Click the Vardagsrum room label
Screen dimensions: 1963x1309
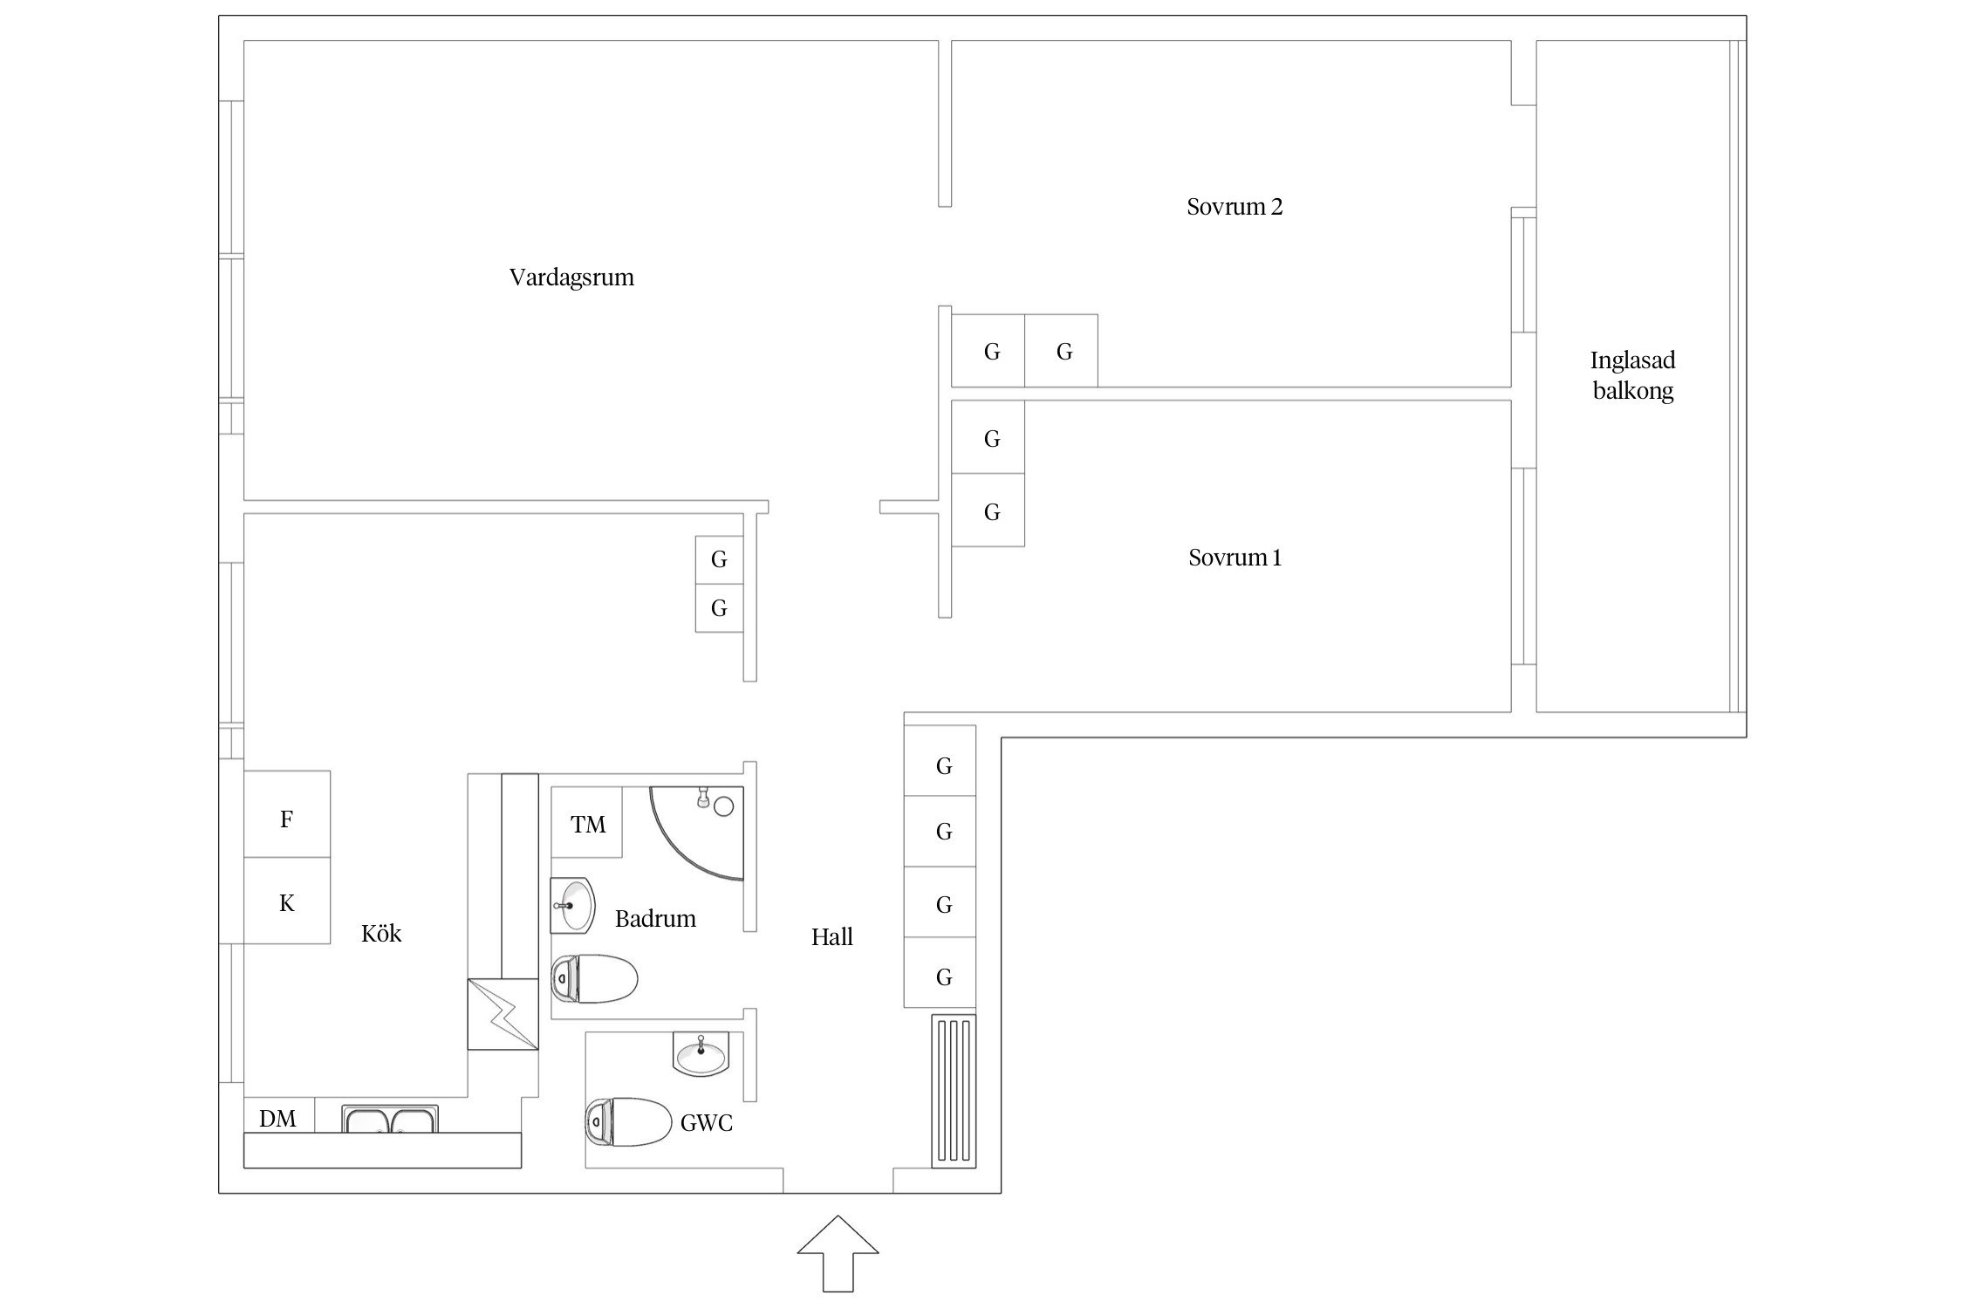571,278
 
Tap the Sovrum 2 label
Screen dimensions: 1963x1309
1235,207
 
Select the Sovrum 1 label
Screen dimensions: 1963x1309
1235,558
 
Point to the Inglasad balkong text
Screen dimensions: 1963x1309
1632,375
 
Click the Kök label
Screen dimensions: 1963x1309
381,934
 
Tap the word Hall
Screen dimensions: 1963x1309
831,937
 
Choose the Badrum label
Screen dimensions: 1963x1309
655,918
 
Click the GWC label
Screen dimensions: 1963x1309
706,1122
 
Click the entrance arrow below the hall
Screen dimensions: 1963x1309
838,1253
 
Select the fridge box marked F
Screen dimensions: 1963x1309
287,814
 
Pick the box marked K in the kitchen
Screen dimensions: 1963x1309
287,901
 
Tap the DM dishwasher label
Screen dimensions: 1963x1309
277,1119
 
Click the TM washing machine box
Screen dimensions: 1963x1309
587,822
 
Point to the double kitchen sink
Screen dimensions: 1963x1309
390,1119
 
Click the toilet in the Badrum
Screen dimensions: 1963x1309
594,978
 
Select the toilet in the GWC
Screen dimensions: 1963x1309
628,1121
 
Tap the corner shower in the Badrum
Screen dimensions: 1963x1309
697,833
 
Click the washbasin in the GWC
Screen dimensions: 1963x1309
700,1054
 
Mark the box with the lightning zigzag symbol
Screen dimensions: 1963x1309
503,1014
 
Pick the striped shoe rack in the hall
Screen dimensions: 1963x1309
953,1091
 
